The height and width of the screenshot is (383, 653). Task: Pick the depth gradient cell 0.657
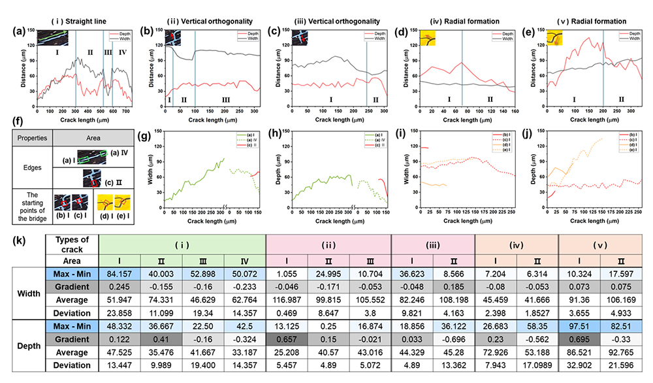pos(287,338)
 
